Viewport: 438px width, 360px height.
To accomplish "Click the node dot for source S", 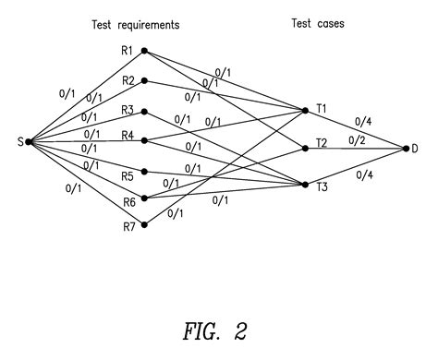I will tap(30, 141).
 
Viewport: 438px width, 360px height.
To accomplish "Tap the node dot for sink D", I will tap(405, 148).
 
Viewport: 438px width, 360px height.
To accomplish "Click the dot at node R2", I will tap(143, 81).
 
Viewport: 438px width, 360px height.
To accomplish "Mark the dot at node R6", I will tap(143, 198).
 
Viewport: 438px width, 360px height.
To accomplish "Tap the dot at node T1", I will tap(304, 111).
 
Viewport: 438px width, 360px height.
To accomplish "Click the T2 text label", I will tap(321, 143).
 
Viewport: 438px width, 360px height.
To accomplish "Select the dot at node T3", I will tap(304, 185).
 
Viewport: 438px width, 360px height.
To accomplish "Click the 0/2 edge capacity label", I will tap(357, 139).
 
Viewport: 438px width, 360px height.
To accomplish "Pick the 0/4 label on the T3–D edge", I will tap(364, 175).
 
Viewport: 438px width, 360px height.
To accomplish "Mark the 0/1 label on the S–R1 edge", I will tap(67, 93).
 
